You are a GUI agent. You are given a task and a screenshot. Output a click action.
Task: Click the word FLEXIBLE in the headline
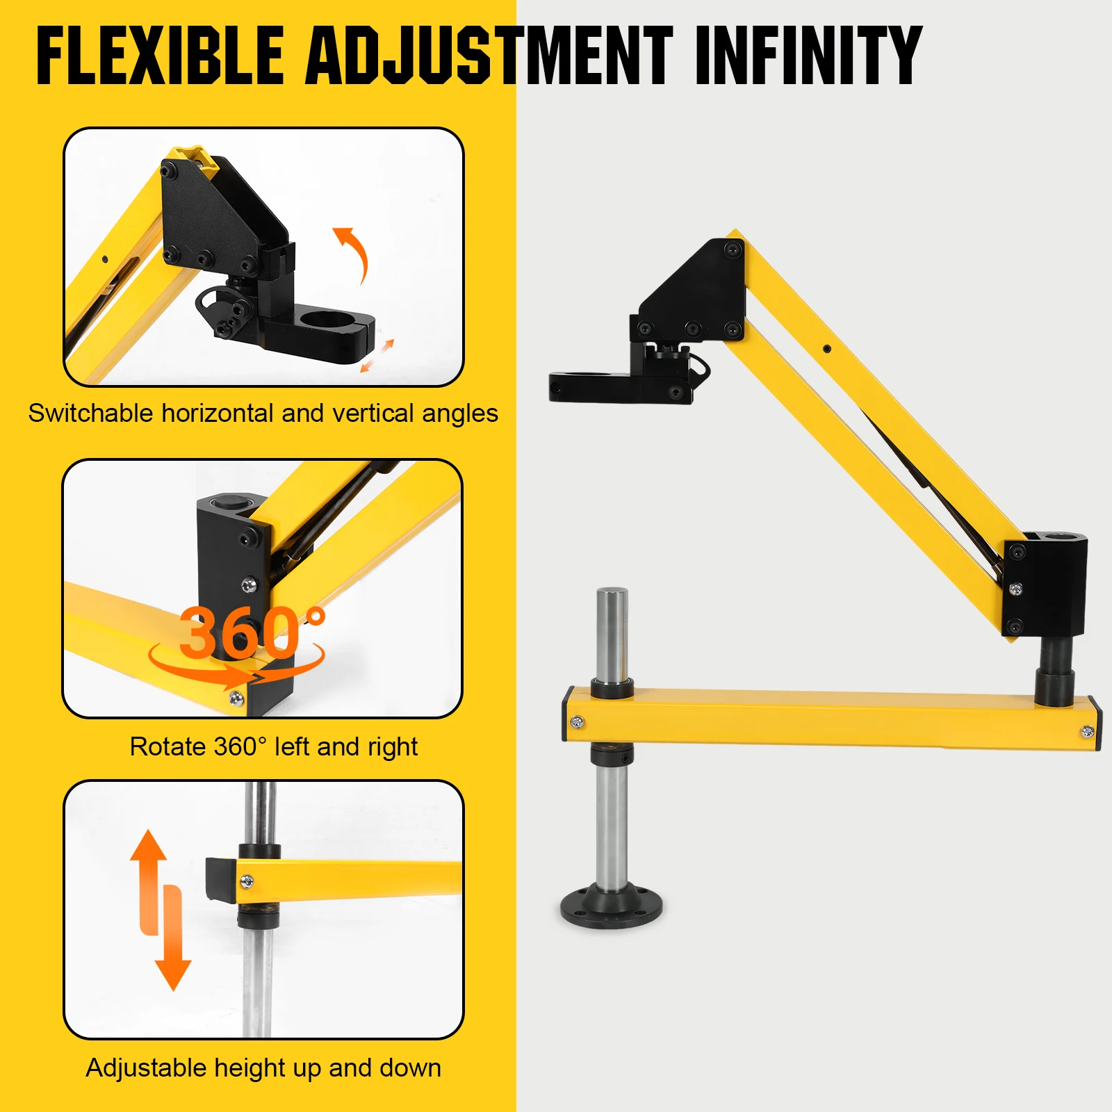160,56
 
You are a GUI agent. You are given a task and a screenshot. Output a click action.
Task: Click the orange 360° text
250,632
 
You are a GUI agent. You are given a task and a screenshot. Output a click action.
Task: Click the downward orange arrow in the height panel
172,945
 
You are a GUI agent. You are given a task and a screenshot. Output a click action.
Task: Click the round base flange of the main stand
612,906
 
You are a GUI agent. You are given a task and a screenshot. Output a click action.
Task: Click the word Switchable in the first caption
90,414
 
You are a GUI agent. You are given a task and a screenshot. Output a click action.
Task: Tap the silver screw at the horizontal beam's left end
577,723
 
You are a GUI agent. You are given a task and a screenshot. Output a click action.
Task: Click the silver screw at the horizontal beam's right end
1088,731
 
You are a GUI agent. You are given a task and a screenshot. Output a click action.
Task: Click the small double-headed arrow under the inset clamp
377,356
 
